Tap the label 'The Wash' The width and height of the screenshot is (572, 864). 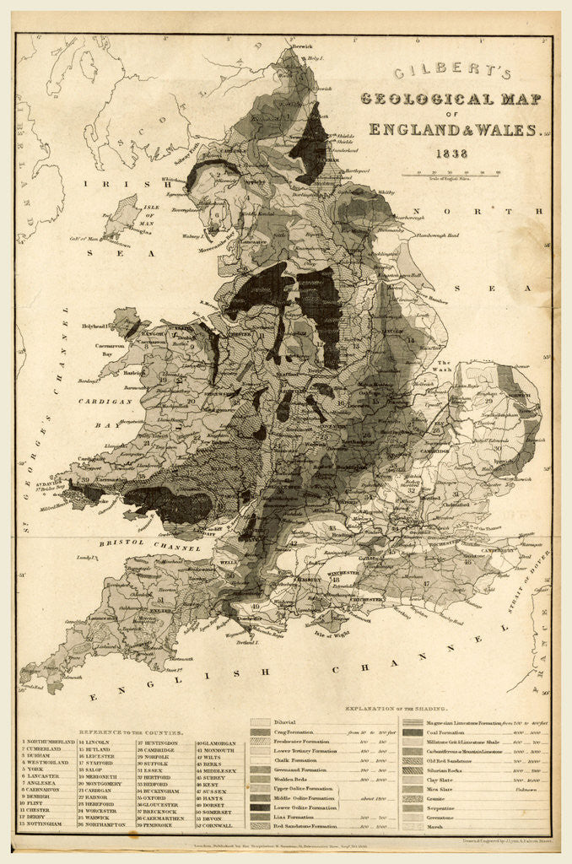[445, 364]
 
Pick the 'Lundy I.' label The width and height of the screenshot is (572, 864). [84, 558]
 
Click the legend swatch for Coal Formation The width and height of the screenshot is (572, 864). [413, 732]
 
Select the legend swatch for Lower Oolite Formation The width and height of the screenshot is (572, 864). [261, 807]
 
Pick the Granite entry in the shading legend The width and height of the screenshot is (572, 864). [413, 796]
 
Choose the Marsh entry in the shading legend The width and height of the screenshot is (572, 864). [413, 828]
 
